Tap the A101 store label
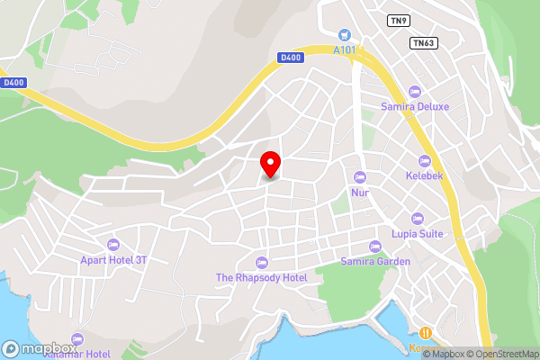click(344, 49)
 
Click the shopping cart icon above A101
click(344, 35)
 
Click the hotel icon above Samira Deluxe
click(415, 91)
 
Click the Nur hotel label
click(360, 192)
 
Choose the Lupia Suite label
click(417, 233)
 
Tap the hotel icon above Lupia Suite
click(417, 218)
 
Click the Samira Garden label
click(375, 261)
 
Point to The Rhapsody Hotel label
click(262, 277)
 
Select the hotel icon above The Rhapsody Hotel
click(262, 262)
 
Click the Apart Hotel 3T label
click(113, 260)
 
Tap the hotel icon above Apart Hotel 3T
click(113, 245)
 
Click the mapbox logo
click(39, 348)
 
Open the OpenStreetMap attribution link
click(504, 354)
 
